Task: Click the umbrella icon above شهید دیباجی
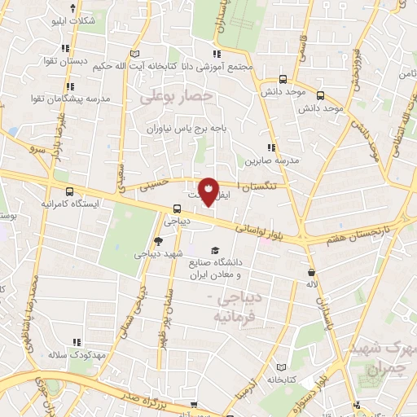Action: [x=158, y=240]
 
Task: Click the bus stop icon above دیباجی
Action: [x=178, y=208]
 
